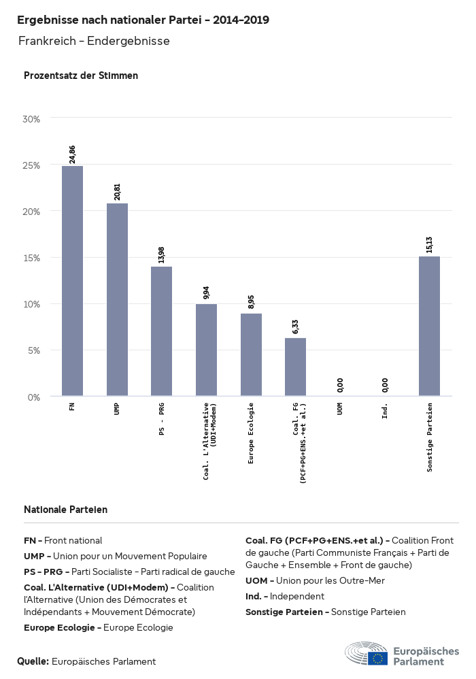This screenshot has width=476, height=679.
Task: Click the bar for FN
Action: tap(72, 280)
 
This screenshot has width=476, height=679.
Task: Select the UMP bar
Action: tap(117, 299)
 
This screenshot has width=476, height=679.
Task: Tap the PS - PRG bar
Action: tap(161, 331)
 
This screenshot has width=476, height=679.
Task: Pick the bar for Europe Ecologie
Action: tap(251, 354)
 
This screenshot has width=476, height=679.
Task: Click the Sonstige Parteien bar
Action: tap(429, 326)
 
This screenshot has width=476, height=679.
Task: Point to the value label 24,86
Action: tap(72, 154)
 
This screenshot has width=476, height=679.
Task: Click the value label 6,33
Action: tap(296, 327)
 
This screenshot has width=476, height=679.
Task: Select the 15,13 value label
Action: tap(429, 244)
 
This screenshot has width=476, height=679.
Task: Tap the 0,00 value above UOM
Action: tap(340, 385)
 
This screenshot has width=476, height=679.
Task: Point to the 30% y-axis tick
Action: tap(32, 118)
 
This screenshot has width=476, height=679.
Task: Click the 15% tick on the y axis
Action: tap(32, 258)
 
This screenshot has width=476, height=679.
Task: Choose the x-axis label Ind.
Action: tap(385, 410)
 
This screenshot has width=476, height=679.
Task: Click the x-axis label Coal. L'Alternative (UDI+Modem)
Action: tap(211, 441)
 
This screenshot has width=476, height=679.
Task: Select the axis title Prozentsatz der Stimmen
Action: tap(81, 76)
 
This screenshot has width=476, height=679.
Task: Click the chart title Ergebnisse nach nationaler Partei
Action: tap(143, 20)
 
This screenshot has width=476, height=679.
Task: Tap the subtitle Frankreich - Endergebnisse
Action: tap(94, 41)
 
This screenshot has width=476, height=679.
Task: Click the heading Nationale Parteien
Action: tap(65, 509)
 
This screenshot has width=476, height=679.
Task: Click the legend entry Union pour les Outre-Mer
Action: tap(315, 580)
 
